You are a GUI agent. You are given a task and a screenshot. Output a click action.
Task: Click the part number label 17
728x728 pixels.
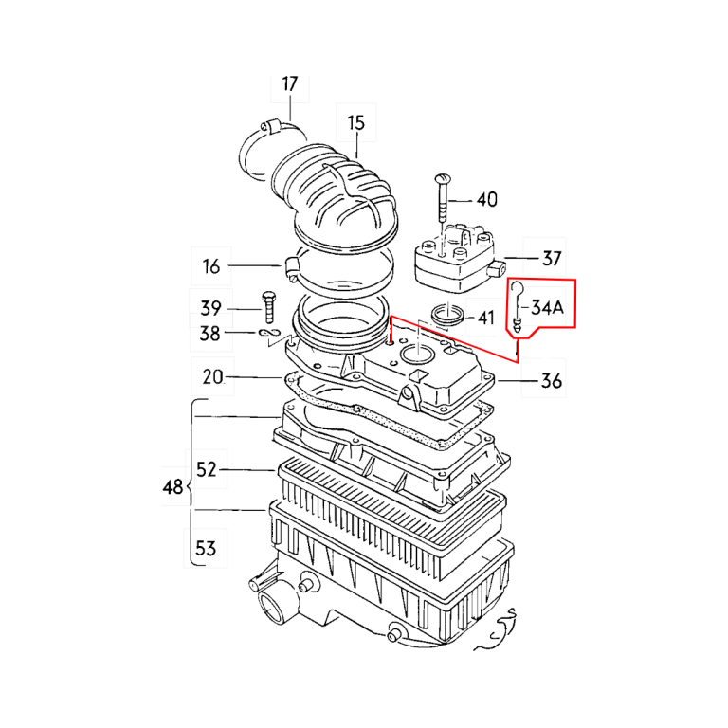(x=289, y=84)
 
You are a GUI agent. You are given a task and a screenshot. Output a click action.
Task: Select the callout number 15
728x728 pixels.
(x=355, y=122)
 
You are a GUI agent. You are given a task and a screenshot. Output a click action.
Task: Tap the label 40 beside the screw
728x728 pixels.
(x=486, y=200)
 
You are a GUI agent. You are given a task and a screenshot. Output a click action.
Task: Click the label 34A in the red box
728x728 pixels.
(x=548, y=307)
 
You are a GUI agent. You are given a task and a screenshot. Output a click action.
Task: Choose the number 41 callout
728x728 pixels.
(x=486, y=318)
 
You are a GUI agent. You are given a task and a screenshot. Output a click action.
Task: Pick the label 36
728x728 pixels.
(x=551, y=381)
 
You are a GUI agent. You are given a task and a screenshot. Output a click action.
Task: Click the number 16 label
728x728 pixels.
(x=211, y=266)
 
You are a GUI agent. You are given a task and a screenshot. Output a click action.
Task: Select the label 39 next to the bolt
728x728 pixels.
(x=210, y=308)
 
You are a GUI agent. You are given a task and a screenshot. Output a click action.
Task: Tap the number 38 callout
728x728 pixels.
(x=210, y=334)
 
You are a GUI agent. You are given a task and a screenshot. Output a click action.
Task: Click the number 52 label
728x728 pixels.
(x=207, y=469)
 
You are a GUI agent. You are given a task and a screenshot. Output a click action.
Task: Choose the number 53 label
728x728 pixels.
(x=206, y=548)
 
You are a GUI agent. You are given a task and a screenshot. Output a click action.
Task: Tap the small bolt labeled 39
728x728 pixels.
(x=267, y=306)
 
